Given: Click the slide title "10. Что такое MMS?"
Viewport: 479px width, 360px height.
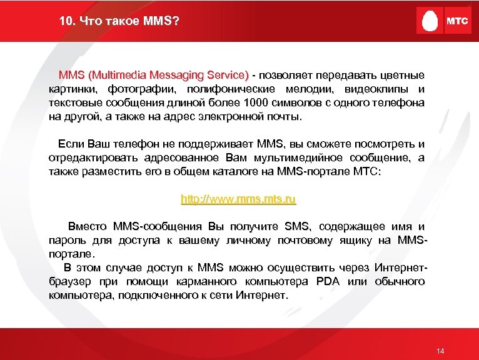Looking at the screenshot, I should click(x=119, y=22).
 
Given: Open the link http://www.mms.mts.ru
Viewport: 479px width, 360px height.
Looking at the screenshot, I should click(x=238, y=200).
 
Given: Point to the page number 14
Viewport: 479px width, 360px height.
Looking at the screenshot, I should click(x=440, y=351).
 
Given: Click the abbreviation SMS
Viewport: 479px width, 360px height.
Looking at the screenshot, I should click(x=297, y=226).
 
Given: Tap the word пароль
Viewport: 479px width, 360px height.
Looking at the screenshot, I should click(x=66, y=240).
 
